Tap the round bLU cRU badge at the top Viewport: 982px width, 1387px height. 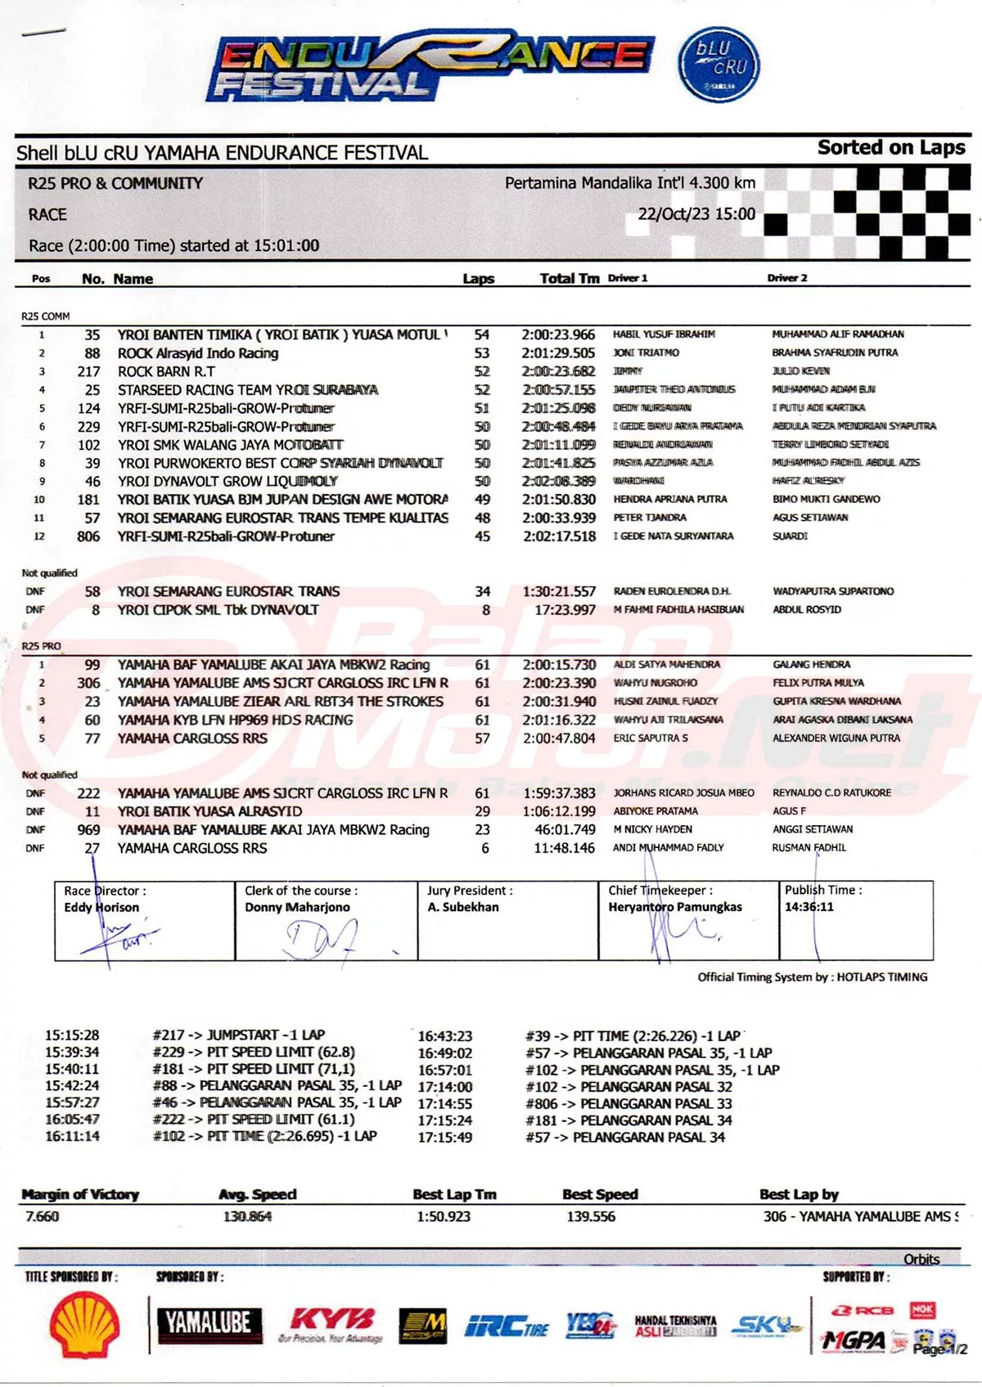718,65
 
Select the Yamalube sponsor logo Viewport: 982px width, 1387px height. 209,1323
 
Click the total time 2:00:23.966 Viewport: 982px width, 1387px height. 558,334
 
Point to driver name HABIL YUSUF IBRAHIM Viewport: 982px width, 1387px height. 664,334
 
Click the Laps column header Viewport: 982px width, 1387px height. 478,279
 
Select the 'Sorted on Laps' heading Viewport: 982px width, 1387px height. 890,148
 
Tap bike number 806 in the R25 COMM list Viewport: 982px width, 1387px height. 88,536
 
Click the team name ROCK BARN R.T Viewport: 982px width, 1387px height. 166,371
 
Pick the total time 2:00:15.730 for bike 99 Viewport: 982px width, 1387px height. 559,665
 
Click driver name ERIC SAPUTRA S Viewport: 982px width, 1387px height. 651,738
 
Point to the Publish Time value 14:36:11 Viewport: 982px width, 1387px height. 809,907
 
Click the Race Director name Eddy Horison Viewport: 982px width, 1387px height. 101,907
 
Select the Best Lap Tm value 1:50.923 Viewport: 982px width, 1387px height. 444,1217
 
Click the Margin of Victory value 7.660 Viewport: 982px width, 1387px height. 42,1217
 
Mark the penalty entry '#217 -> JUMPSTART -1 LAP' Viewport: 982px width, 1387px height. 238,1035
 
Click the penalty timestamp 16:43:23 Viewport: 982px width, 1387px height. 444,1036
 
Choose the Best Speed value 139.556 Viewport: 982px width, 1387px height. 591,1217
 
